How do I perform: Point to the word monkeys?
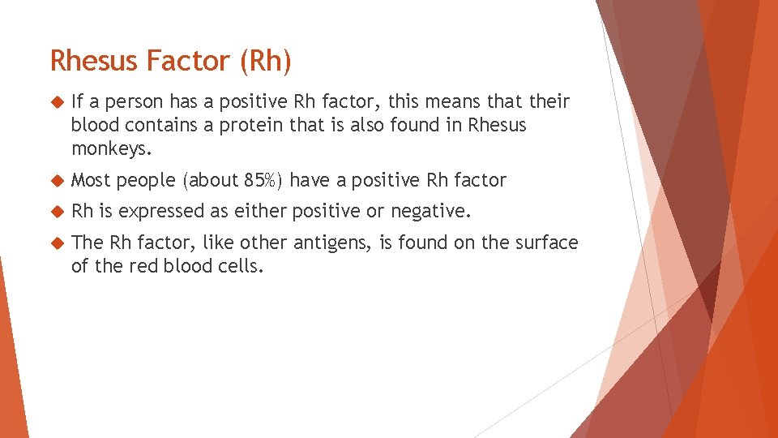click(x=111, y=148)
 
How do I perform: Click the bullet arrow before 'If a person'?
click(x=55, y=102)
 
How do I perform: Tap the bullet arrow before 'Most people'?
click(x=55, y=181)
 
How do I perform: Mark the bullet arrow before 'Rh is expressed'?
click(x=55, y=212)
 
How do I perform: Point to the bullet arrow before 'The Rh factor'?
click(x=55, y=243)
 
